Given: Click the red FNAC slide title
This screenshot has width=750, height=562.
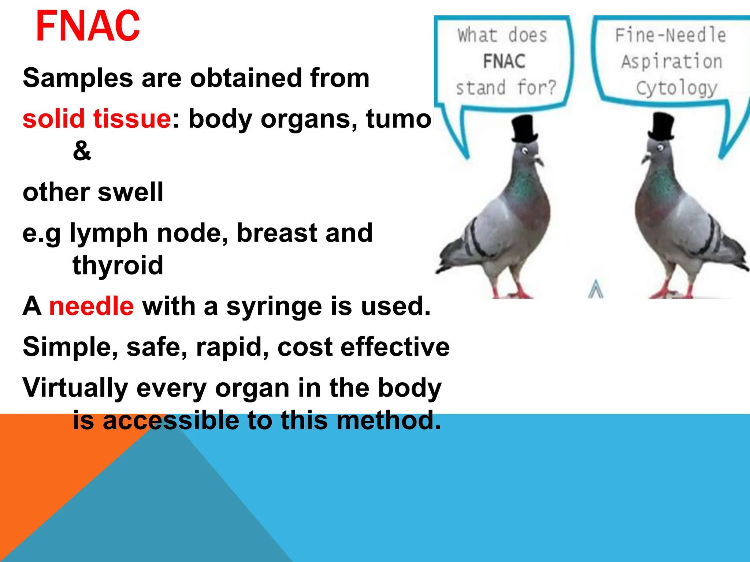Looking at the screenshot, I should pos(88,26).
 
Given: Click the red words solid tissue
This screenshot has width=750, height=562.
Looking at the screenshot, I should pos(97,119).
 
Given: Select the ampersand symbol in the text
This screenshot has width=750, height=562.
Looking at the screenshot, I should pos(82,151).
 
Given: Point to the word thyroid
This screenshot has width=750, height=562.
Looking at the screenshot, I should pos(118,265).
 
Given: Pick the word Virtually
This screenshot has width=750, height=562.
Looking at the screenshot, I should pos(75,388).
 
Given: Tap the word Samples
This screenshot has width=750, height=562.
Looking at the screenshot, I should pos(78,78).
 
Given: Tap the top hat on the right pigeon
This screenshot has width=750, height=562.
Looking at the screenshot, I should pos(661,127).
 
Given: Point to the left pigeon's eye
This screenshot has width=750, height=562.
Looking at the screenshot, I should pos(525,150).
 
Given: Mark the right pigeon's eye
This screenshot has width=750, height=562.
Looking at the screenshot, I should pos(660,148).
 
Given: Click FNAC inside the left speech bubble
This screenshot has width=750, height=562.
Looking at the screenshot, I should pos(504,61).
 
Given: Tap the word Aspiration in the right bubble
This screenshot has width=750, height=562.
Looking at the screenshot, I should pos(672,61).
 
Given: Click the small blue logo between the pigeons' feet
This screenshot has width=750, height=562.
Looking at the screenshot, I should pos(596,289).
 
